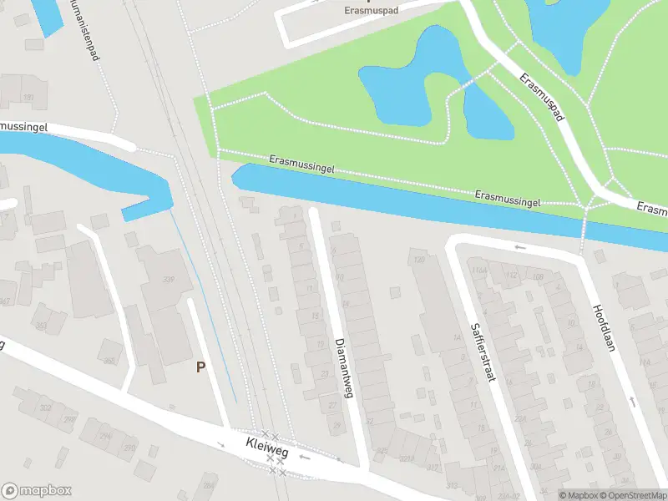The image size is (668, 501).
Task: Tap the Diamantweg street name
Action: pos(344,368)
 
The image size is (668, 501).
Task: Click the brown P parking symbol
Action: pos(200,367)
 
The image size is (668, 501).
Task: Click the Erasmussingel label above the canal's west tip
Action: pos(301,164)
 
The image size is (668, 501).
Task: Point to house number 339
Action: pos(170,280)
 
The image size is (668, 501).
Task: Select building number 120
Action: pos(418,260)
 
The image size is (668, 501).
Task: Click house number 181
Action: pos(29,99)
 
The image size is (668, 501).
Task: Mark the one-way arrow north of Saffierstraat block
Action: pos(519,247)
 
